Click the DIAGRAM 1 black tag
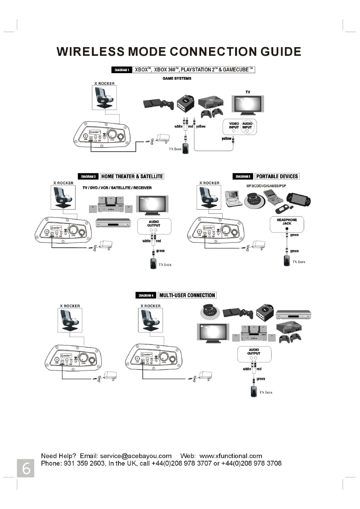coord(122,70)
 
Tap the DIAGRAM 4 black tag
coord(146,296)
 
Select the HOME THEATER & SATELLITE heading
coord(132,176)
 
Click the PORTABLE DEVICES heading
coord(277,176)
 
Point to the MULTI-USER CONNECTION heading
coord(187,296)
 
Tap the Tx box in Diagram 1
coord(185,148)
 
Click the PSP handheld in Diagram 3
coord(299,199)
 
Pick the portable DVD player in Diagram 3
coord(234,199)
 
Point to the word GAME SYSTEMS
coord(177,78)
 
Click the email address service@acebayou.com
coord(136,456)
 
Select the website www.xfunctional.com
coord(231,456)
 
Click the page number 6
coord(26,468)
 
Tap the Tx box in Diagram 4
coord(254,392)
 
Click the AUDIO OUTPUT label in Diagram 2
coord(154,224)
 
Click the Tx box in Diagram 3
coord(287,261)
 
